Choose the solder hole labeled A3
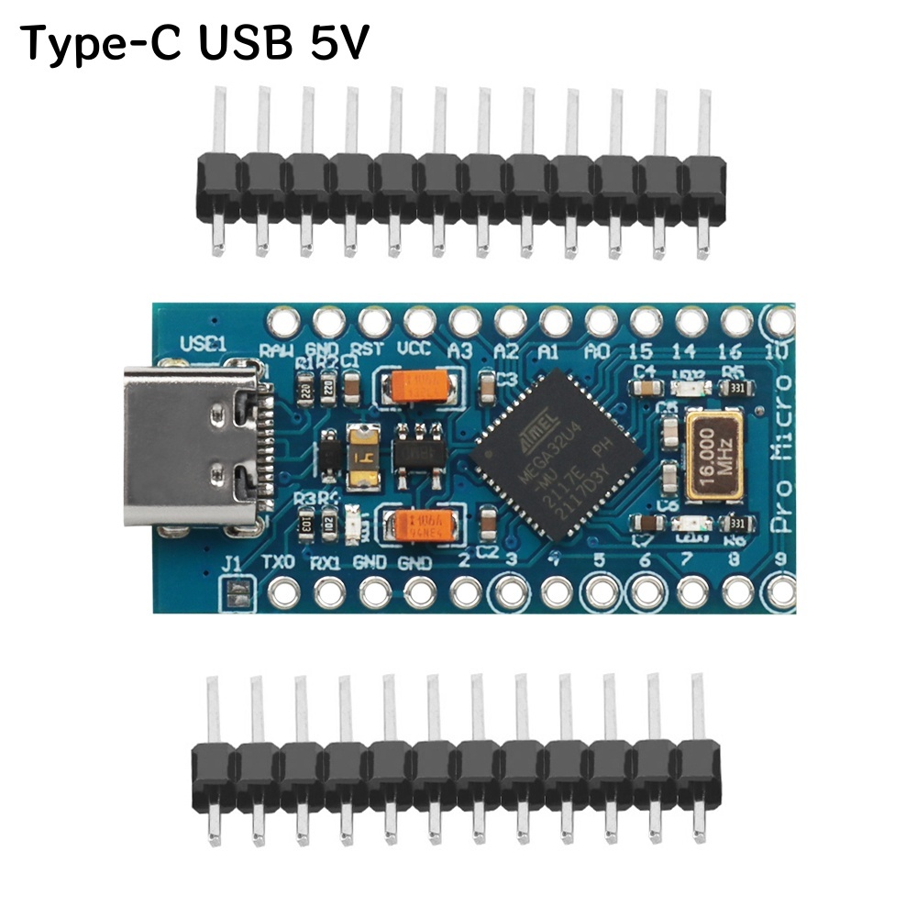coord(464,322)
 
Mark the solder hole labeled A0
coord(600,322)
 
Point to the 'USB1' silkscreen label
coord(203,344)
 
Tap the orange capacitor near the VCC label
coord(419,386)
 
